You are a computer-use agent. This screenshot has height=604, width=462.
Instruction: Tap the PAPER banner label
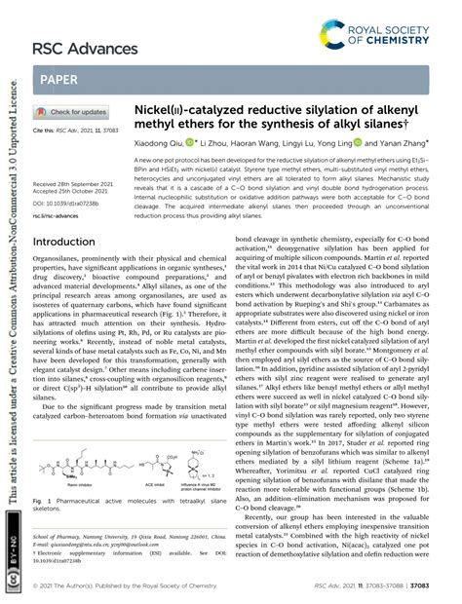coord(60,77)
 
